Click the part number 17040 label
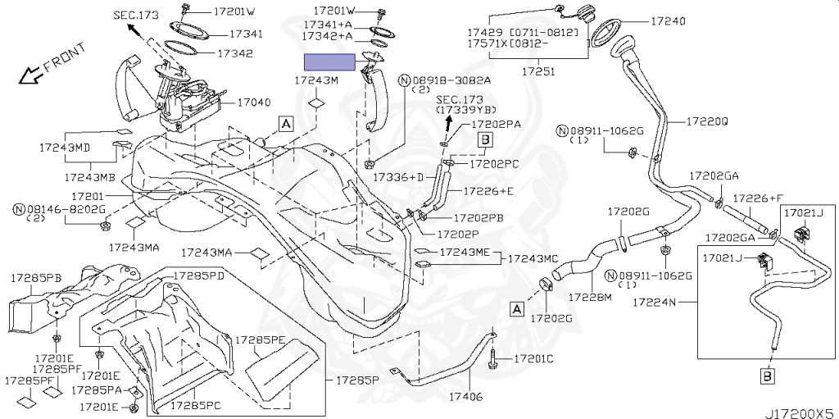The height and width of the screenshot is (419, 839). (254, 103)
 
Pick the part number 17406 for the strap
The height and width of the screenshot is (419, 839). (465, 398)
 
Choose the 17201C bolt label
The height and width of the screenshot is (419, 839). (534, 359)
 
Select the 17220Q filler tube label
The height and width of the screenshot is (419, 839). (707, 121)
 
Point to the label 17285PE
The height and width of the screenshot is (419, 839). (261, 339)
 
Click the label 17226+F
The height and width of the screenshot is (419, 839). (757, 198)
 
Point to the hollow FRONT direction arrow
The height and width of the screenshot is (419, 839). (32, 75)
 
